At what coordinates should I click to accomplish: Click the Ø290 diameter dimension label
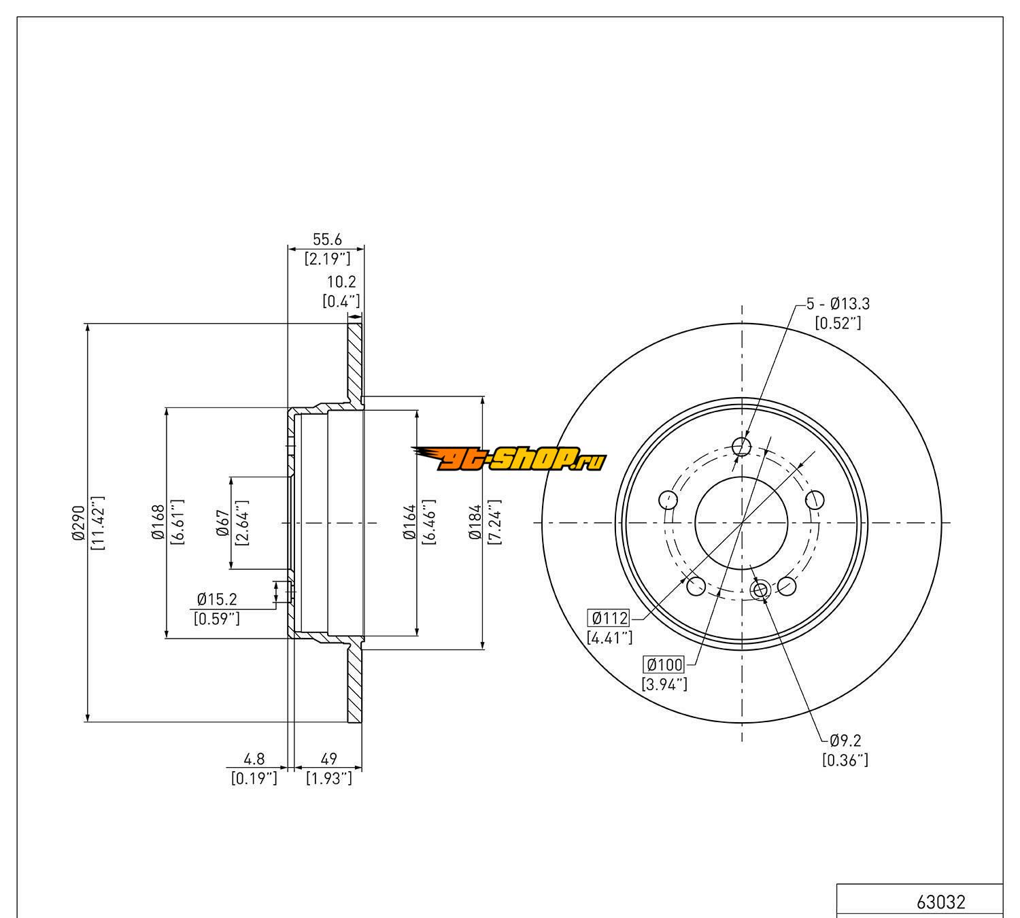coord(77,523)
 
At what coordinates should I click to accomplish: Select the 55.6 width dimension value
coord(326,239)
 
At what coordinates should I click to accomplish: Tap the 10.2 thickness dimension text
coord(341,282)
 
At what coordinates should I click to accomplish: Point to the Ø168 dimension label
coord(158,522)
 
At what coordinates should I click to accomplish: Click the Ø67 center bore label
coord(222,522)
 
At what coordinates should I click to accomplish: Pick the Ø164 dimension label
coord(409,522)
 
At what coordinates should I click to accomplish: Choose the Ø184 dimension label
coord(475,522)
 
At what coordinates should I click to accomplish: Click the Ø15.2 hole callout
coord(217,600)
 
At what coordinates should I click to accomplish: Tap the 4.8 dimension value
coord(254,759)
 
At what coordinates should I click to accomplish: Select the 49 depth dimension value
coord(329,759)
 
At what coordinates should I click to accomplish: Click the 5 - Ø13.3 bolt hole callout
coord(838,304)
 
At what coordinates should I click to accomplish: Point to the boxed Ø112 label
coord(609,618)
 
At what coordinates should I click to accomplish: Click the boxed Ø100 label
coord(664,665)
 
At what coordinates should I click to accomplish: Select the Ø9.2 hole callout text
coord(845,741)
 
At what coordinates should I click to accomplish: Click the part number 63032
coord(940,902)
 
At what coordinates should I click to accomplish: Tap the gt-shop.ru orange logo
coord(509,460)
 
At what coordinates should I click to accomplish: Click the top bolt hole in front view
coord(741,446)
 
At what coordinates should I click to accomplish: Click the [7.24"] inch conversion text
coord(494,522)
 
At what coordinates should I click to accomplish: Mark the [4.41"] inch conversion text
coord(609,638)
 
